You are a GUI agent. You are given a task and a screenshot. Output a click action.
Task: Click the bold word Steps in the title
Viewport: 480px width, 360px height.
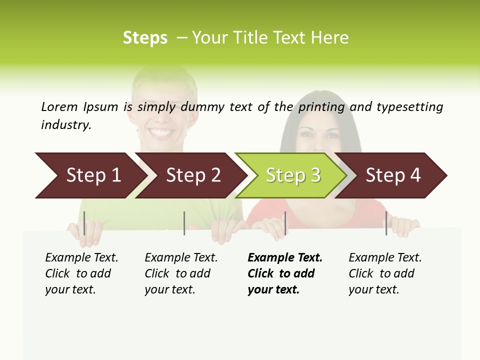(145, 38)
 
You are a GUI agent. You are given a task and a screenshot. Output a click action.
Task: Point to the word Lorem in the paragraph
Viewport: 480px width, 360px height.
(59, 106)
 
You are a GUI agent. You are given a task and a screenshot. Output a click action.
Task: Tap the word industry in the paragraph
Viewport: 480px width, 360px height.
(66, 124)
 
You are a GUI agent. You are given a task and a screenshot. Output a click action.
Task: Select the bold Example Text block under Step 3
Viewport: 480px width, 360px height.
(285, 273)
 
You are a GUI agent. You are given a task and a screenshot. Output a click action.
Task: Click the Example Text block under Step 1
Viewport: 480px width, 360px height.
(81, 273)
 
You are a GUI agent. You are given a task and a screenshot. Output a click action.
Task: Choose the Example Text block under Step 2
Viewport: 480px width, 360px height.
(181, 273)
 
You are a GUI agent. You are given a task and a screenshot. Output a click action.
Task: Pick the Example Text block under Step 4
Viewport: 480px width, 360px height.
(385, 273)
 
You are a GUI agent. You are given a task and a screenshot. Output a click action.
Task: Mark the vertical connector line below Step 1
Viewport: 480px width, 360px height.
(84, 223)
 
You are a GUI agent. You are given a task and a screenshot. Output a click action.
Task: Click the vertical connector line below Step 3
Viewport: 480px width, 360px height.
(285, 223)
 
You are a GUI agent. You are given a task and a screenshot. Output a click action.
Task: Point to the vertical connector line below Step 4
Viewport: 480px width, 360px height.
(386, 223)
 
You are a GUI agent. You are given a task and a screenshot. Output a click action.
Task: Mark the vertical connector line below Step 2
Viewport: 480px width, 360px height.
(184, 223)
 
